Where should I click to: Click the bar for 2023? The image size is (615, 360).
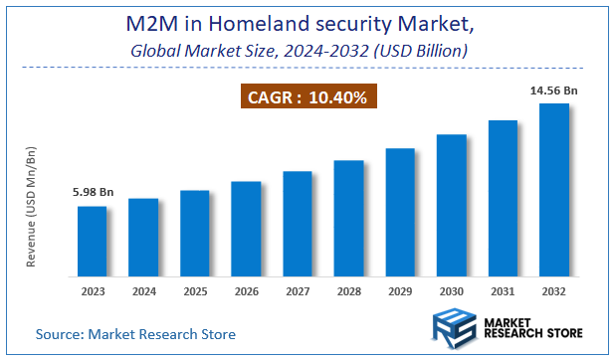[x=93, y=240]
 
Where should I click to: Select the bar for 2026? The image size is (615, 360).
[x=246, y=228]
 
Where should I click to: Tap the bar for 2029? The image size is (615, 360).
[x=400, y=211]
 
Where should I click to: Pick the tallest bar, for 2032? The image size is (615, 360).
[x=553, y=189]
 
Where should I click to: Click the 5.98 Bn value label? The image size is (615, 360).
[x=93, y=193]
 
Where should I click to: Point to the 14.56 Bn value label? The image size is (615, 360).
[x=554, y=90]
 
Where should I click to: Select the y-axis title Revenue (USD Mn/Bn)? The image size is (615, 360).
[x=32, y=206]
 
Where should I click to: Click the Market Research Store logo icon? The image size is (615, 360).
[x=453, y=329]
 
